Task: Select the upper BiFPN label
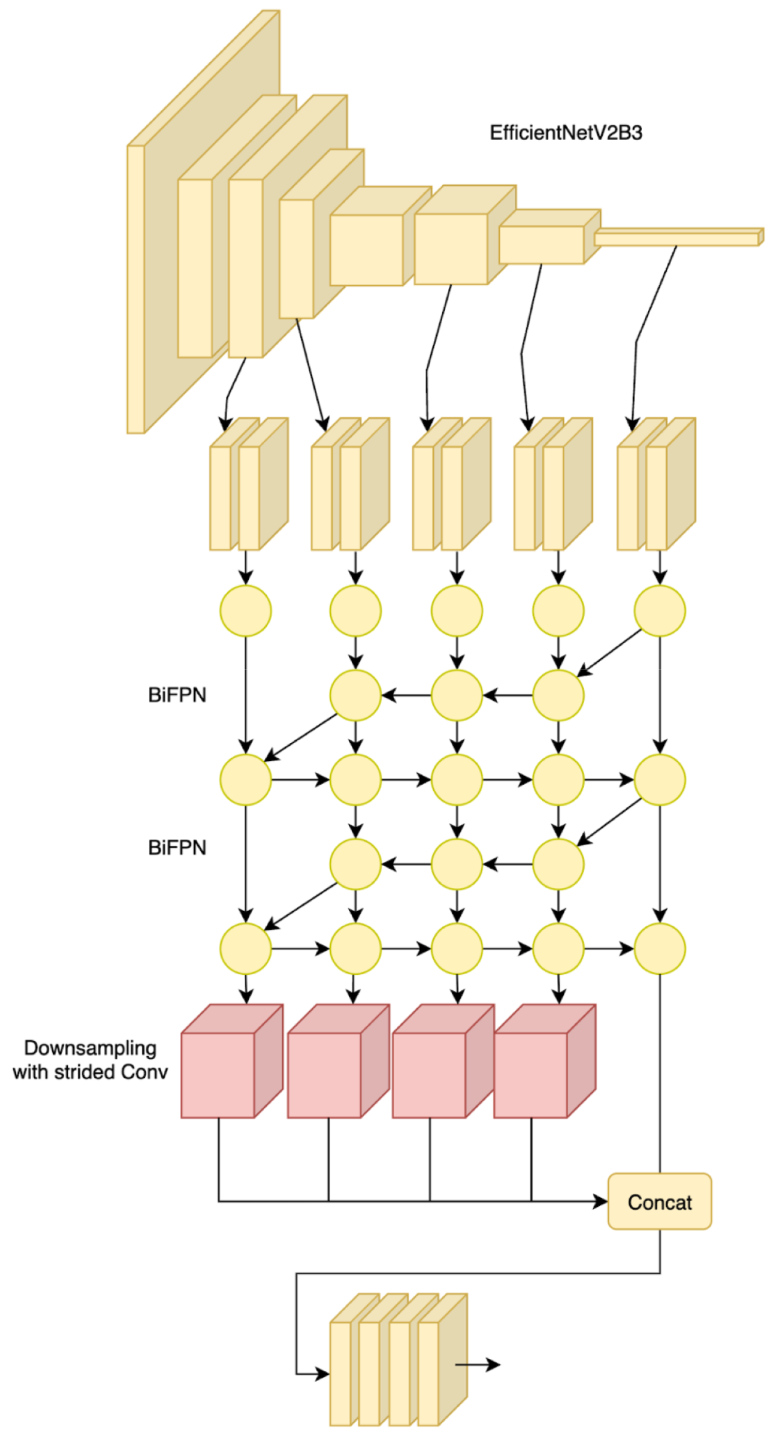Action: tap(177, 695)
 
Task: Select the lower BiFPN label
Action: tap(177, 848)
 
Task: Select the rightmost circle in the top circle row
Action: tap(660, 611)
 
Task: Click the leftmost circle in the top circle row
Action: tap(246, 611)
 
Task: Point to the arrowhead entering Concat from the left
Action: tap(600, 1201)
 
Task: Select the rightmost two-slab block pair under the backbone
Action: tap(656, 485)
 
